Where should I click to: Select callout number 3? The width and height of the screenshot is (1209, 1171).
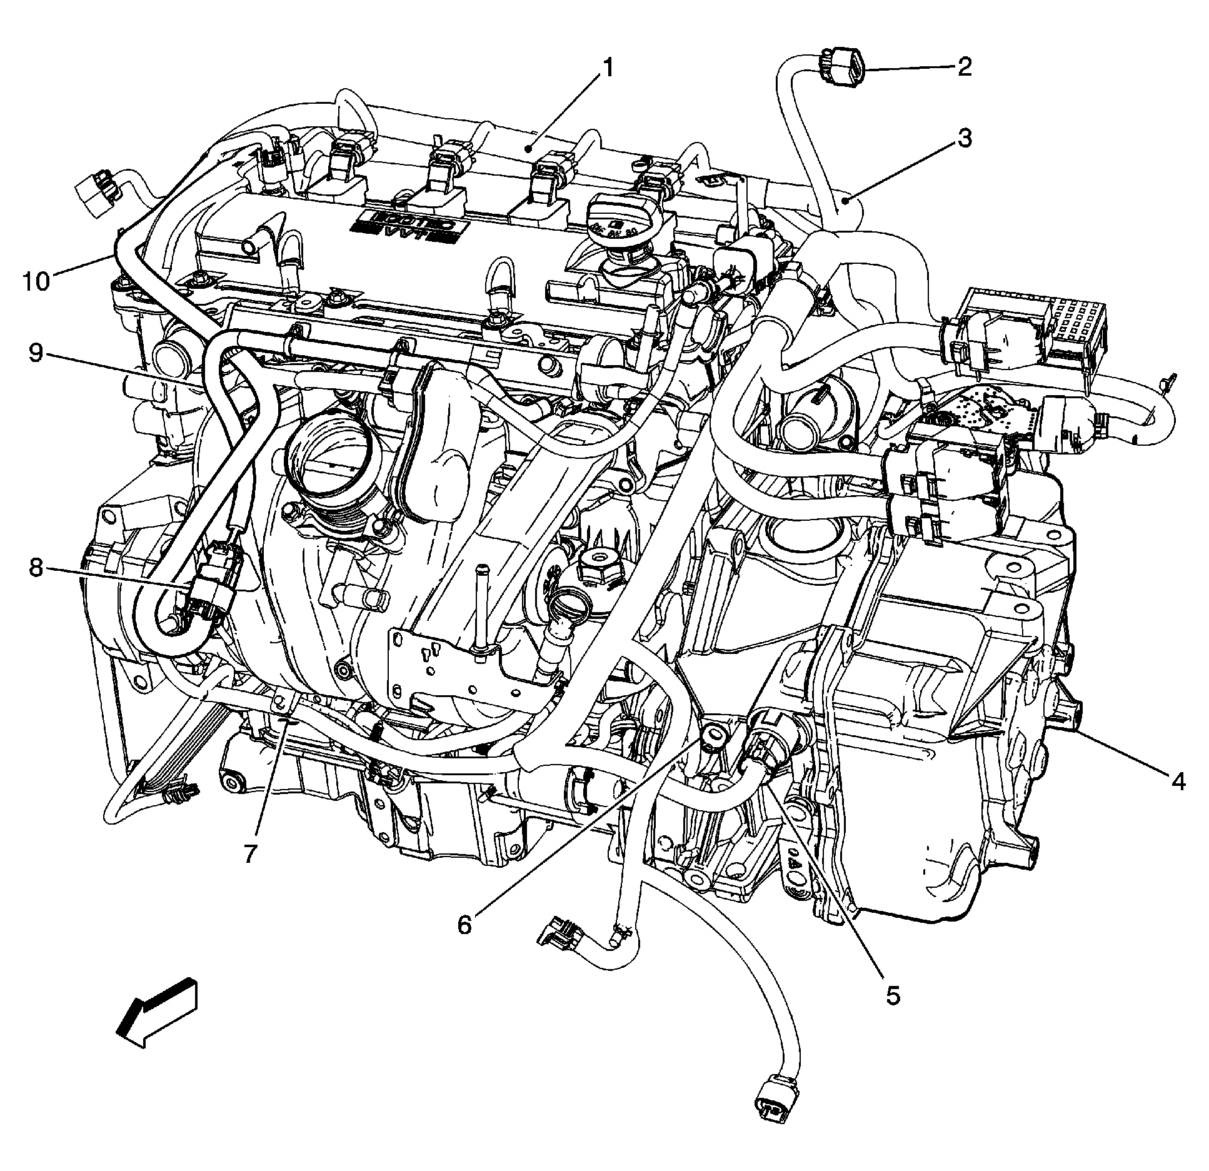[965, 139]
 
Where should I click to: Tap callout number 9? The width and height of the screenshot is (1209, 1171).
[37, 354]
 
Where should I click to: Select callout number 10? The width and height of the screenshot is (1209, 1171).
[36, 281]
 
